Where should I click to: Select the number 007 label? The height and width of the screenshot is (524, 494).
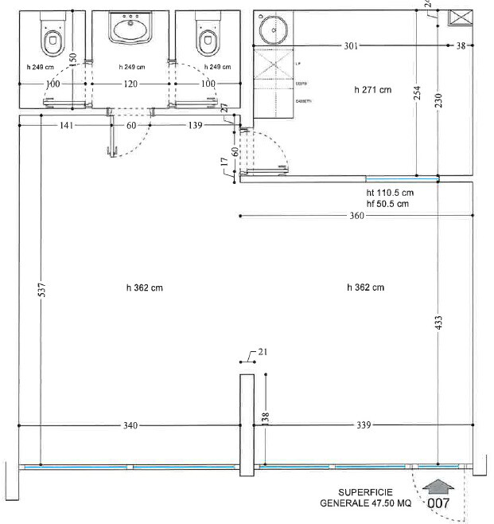tap(439, 502)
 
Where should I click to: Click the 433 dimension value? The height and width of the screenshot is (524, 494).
tap(438, 323)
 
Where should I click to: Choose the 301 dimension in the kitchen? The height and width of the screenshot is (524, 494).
tap(350, 45)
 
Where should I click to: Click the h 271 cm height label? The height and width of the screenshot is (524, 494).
tap(372, 90)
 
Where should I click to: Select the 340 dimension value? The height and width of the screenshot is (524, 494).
tap(131, 426)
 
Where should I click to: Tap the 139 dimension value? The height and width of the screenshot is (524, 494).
tap(193, 125)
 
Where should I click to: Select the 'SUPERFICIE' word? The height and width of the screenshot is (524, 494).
tap(364, 492)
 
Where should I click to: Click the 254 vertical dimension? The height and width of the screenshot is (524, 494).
tap(416, 95)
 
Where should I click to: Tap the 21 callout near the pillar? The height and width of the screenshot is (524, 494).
tap(263, 352)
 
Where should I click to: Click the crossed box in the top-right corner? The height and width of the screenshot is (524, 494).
tap(461, 18)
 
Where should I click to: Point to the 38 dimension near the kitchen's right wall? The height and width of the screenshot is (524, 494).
tap(461, 45)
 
